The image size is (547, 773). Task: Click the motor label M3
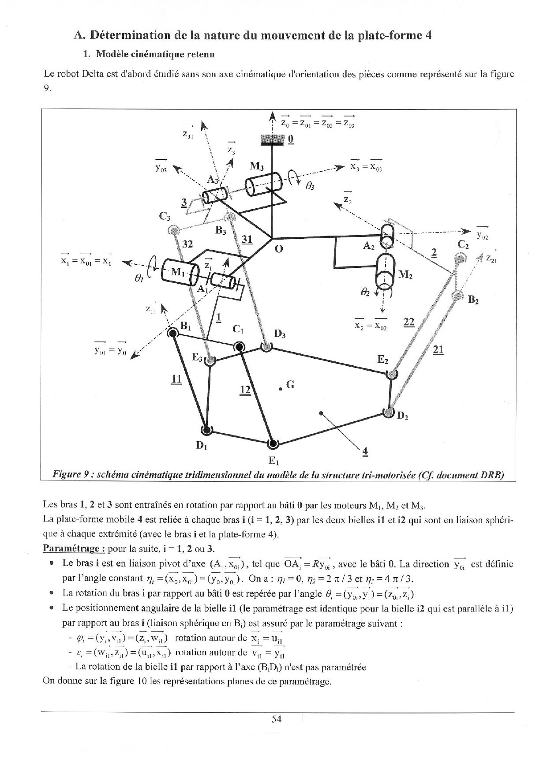tap(257, 166)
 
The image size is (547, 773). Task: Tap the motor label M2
tap(405, 275)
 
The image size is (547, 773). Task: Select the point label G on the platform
tap(290, 384)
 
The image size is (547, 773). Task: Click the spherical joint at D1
tap(206, 429)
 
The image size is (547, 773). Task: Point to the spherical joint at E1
tap(273, 443)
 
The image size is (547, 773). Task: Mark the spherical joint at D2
tap(389, 413)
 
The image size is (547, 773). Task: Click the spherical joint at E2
tap(391, 374)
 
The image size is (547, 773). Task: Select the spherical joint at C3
tap(174, 229)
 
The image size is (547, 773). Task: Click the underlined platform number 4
tap(364, 451)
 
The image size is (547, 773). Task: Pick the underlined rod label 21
tap(438, 350)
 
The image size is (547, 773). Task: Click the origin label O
tap(278, 249)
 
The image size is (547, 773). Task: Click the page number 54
tap(277, 719)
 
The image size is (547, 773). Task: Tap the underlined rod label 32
tap(187, 244)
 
